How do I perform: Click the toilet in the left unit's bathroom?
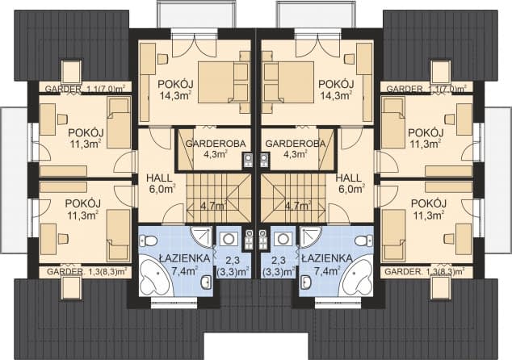click(x=149, y=241)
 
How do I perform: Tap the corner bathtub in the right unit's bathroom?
click(x=357, y=279)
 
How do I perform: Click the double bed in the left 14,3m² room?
click(x=220, y=81)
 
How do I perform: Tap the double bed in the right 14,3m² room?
click(x=292, y=81)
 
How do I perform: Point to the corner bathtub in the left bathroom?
click(x=155, y=279)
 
